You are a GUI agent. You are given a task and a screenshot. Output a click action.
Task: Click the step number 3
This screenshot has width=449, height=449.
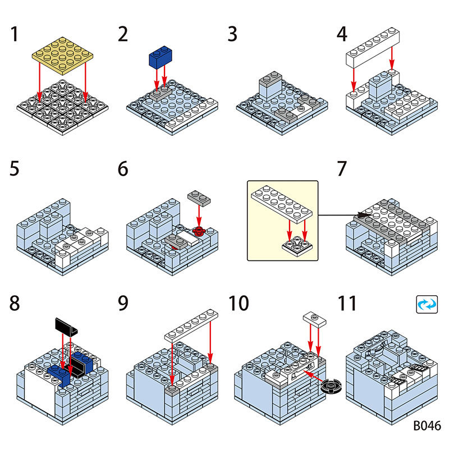(x=232, y=34)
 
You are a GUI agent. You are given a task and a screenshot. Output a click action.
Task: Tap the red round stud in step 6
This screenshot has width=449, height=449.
(x=198, y=231)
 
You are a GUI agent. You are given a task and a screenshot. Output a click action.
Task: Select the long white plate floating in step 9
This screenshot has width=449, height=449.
(x=191, y=325)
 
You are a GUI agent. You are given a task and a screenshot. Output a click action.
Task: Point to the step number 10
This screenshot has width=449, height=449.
(x=239, y=304)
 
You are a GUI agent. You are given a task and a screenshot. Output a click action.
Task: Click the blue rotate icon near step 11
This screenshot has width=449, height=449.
(x=426, y=304)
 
